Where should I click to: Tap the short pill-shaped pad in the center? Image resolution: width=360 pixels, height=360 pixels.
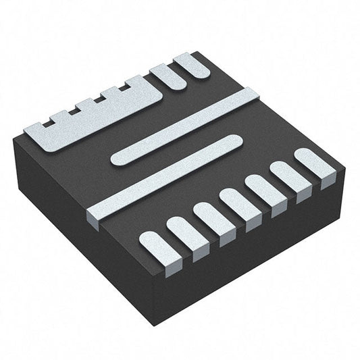click(176, 150)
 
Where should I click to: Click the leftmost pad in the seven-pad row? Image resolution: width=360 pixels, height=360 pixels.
click(154, 245)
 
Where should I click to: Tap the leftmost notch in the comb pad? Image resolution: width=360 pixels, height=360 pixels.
click(50, 124)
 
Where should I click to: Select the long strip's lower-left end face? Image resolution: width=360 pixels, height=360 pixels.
click(94, 220)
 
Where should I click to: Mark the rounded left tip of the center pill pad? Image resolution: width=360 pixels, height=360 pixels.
click(117, 160)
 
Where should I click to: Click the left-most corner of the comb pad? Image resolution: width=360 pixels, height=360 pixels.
click(26, 130)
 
